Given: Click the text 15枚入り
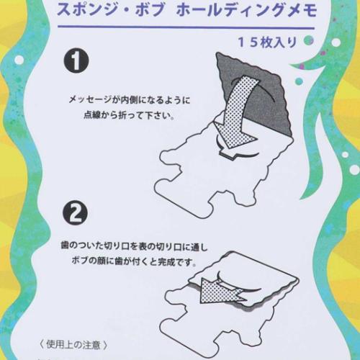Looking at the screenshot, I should tap(271, 41).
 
